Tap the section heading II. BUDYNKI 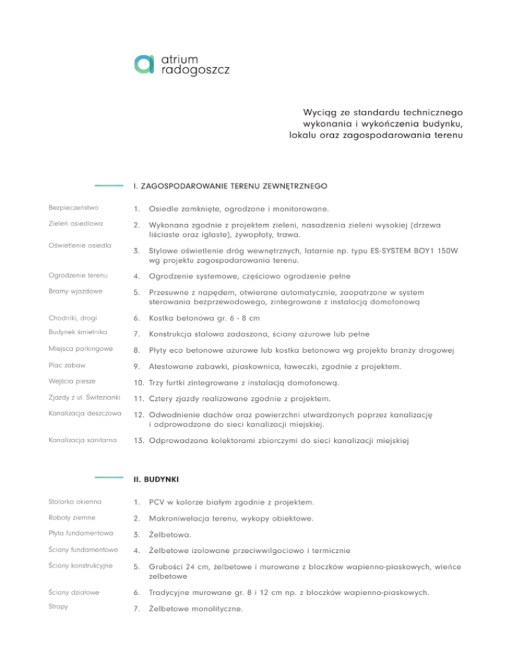155,479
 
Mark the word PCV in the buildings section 159,500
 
